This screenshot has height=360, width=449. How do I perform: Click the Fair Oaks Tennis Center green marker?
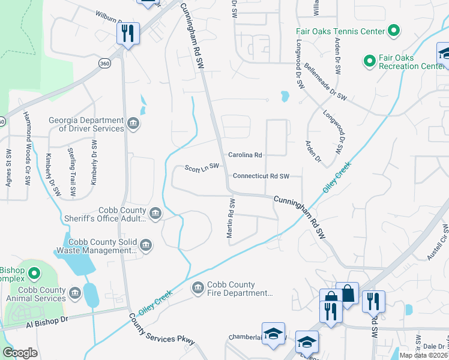(394, 31)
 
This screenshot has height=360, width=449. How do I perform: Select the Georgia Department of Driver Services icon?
(133, 124)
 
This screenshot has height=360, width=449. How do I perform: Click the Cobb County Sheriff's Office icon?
(155, 214)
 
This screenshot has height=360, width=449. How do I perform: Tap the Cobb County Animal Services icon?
(74, 293)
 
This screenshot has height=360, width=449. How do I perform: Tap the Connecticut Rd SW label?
(261, 176)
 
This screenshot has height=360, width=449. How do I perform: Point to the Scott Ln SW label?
(202, 167)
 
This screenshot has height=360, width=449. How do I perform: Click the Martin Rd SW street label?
(230, 219)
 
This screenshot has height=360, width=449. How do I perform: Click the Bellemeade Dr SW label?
(325, 81)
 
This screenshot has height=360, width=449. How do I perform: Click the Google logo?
(20, 353)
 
